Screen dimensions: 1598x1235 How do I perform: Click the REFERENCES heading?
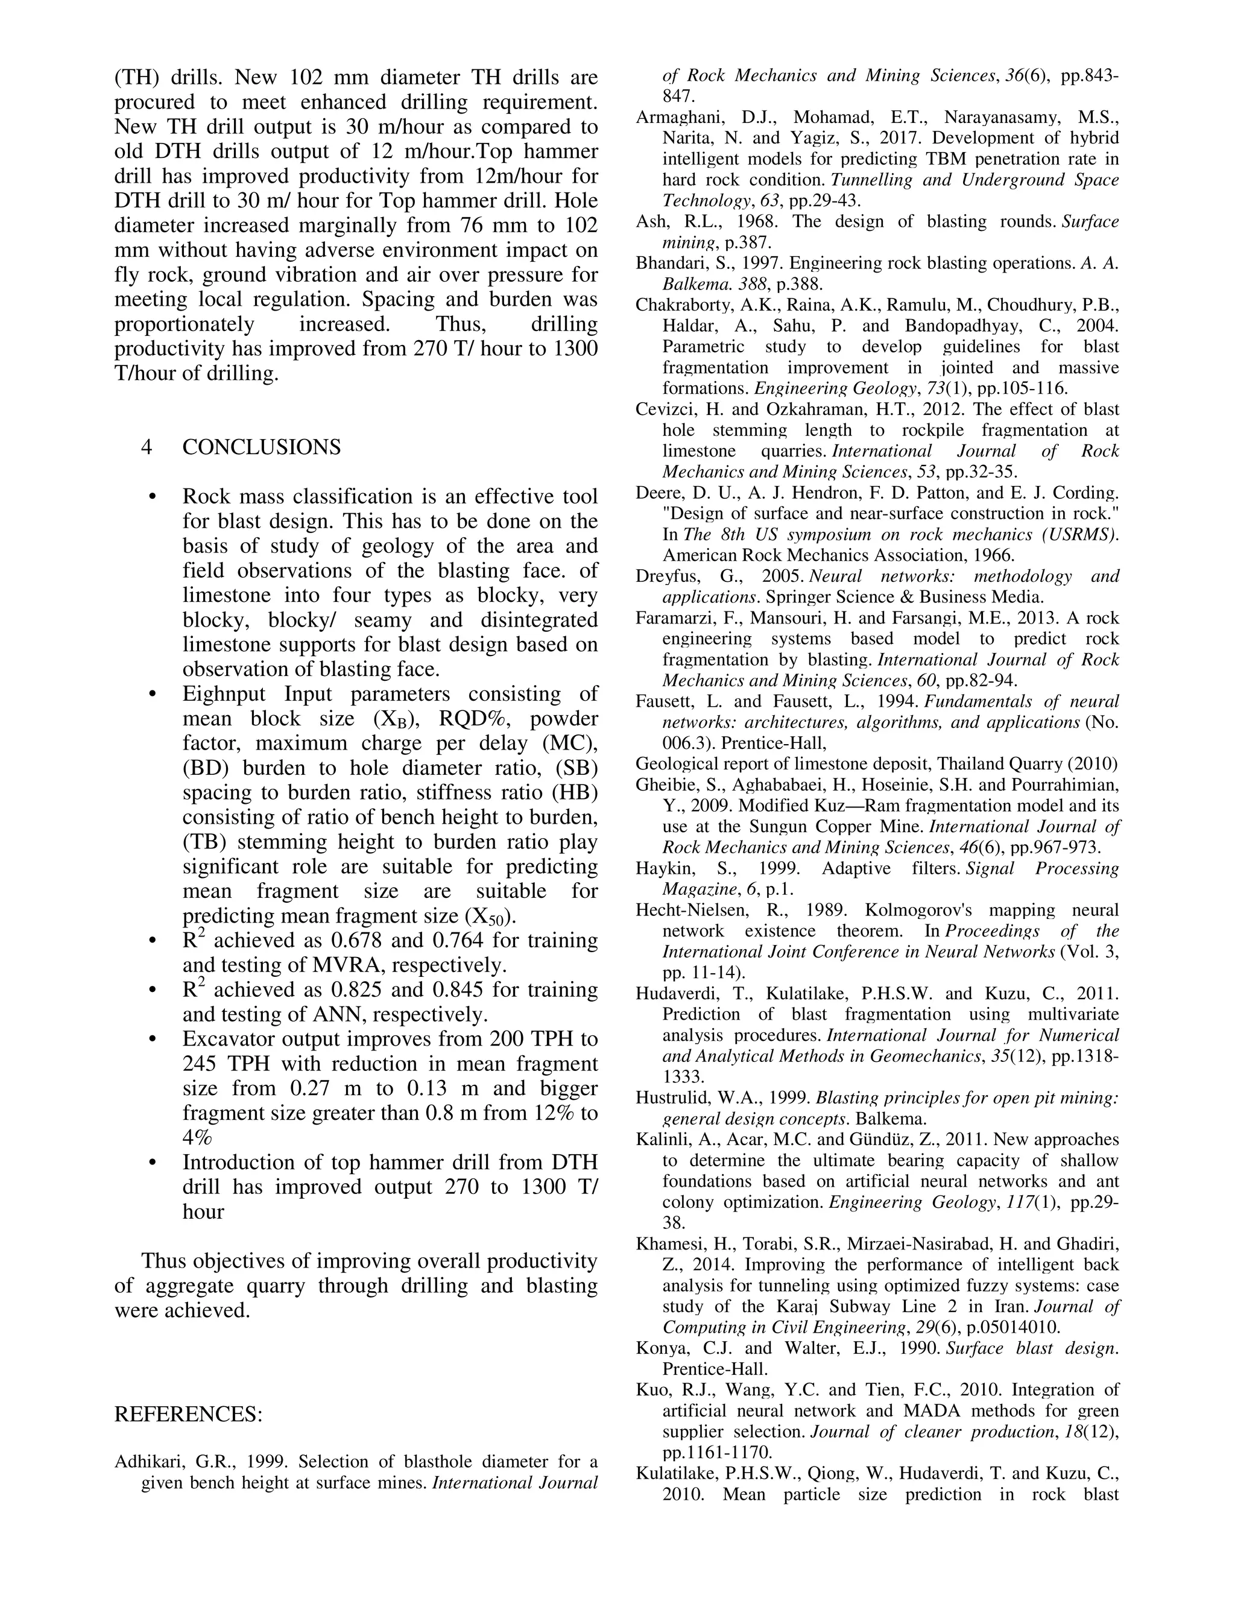point(188,1414)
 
